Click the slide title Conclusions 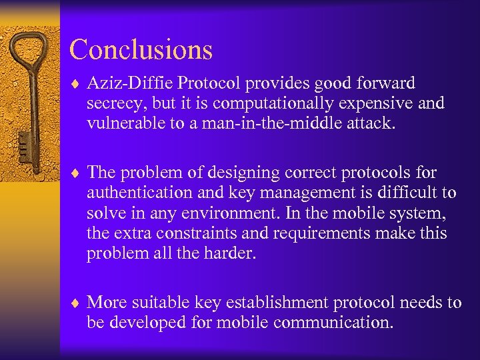(x=141, y=50)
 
